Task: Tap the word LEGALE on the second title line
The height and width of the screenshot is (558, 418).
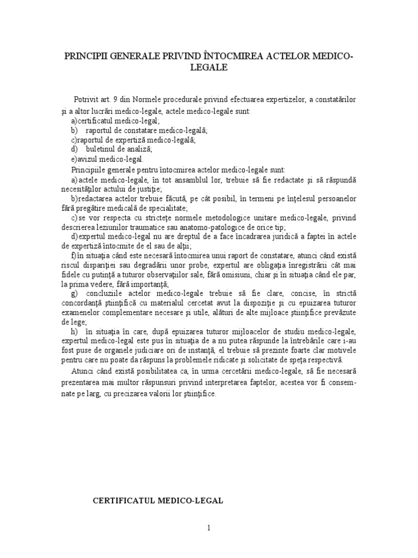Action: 209,68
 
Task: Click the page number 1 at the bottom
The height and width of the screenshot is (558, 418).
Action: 209,527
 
